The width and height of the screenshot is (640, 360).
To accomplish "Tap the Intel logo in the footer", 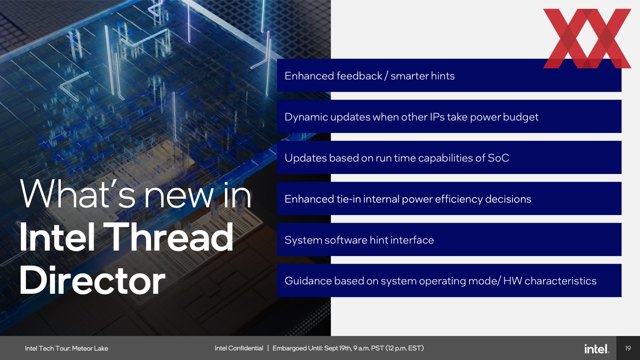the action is click(597, 349).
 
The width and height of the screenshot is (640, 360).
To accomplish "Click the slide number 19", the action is click(628, 348).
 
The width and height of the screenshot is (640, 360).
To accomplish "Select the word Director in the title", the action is click(92, 281).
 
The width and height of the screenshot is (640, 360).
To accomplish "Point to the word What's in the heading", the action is click(78, 194).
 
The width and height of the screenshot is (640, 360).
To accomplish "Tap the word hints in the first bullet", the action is click(443, 76).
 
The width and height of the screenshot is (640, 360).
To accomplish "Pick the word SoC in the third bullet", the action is click(498, 158).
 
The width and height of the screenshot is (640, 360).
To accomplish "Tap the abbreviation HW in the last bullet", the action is click(512, 281).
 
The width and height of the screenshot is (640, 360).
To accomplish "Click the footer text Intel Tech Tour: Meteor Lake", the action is click(66, 348).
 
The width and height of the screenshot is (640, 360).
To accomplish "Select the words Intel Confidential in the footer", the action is click(239, 348).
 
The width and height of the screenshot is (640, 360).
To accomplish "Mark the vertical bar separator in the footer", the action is click(268, 348).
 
